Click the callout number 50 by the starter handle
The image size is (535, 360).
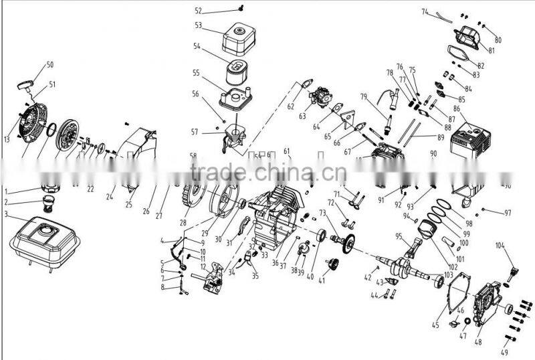49,65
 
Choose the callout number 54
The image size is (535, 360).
197,47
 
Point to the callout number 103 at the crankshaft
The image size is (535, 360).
448,276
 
